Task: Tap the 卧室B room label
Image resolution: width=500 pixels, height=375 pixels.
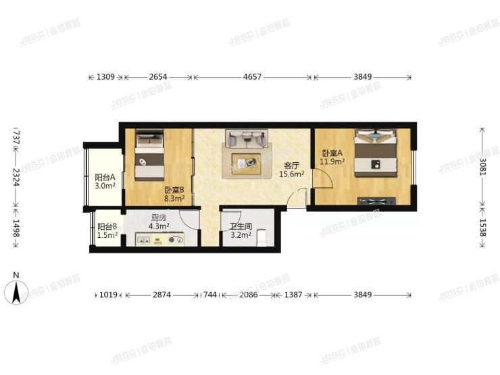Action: (x=174, y=191)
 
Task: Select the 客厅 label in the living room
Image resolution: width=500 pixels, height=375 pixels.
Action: (x=292, y=165)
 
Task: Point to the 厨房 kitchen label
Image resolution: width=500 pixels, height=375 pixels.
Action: (x=159, y=218)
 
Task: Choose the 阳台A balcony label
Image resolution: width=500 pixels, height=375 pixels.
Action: (x=104, y=177)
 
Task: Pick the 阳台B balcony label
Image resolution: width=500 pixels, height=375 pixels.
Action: (x=107, y=227)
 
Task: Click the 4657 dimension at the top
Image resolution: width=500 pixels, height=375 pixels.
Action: (x=253, y=78)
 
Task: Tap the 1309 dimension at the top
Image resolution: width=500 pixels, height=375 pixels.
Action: (x=105, y=78)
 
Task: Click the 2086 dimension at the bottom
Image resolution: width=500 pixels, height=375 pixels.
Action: (x=247, y=295)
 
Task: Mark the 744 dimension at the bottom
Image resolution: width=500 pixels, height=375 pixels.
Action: (x=210, y=295)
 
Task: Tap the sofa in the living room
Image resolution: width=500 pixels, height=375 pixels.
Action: (x=246, y=139)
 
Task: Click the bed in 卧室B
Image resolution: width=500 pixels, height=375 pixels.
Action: (x=149, y=156)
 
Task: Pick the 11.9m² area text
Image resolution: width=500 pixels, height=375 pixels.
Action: (x=333, y=162)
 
